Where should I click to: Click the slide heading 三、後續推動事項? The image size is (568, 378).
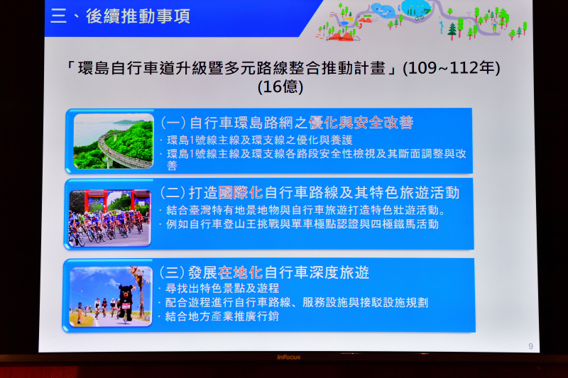coord(120,16)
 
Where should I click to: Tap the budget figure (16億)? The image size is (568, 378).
coord(280,87)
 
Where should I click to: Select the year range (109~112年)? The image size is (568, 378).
coord(452,68)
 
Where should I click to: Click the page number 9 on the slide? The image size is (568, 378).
coord(530,346)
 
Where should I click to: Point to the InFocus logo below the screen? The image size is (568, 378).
coord(289,357)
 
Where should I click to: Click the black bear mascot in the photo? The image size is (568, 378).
coord(126,303)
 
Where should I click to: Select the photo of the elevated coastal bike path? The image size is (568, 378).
coord(114,141)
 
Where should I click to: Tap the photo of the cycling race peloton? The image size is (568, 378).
coord(110,218)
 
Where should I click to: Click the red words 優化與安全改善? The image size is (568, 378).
coord(361,123)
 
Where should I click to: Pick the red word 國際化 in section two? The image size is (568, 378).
coord(241,193)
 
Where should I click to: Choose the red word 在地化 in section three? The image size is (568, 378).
coord(241,272)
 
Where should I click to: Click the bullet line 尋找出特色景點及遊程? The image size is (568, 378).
coord(222,289)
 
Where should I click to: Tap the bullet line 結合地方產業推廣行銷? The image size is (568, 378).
coord(222,316)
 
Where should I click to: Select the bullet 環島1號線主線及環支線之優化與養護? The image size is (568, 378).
coord(260,140)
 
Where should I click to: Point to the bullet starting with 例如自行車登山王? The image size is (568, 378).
coord(302,224)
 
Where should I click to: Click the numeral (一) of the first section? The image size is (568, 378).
coord(173,123)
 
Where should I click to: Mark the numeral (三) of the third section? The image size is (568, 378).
coord(172,272)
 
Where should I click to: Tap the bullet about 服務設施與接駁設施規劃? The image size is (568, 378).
coord(297,302)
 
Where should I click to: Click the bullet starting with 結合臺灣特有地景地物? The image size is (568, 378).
coord(306,210)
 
